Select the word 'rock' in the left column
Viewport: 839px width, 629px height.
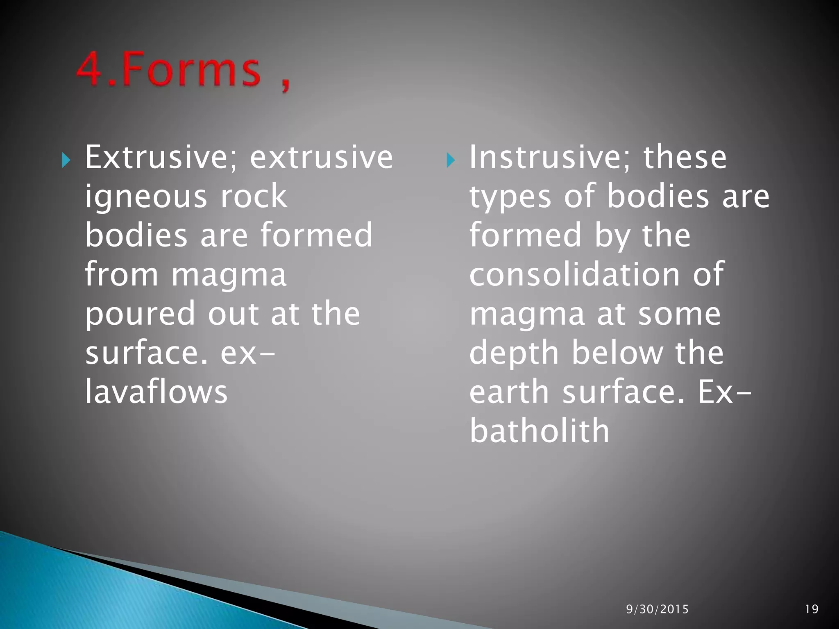(x=254, y=196)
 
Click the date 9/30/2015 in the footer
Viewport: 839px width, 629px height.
(x=657, y=609)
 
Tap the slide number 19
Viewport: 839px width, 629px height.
(x=812, y=609)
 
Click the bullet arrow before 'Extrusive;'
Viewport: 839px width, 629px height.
(x=66, y=160)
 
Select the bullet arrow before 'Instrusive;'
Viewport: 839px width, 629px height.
(x=450, y=160)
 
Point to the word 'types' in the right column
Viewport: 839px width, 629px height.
(x=510, y=197)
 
